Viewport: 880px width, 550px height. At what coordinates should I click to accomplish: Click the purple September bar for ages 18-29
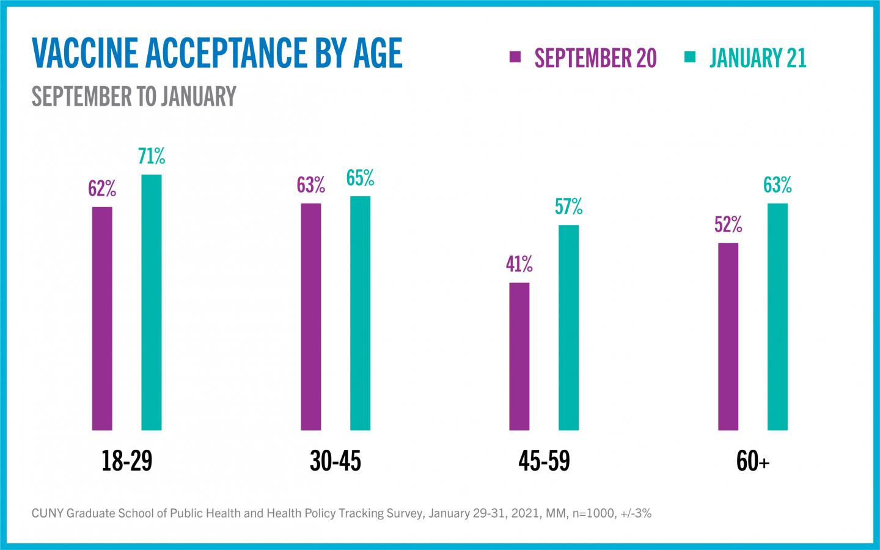102,318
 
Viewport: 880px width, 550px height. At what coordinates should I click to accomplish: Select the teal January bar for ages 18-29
152,302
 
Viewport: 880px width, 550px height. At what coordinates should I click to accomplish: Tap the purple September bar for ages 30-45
311,317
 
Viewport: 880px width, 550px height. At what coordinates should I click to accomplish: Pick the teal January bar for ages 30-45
360,313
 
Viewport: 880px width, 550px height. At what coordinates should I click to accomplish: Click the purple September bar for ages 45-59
519,356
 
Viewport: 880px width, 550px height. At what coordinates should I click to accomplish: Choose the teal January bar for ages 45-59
569,328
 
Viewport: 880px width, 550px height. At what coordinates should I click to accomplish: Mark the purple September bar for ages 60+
728,337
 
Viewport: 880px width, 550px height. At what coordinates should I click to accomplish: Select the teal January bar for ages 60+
777,317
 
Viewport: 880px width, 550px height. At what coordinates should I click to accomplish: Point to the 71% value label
152,156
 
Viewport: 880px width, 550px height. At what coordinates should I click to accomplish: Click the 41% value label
519,264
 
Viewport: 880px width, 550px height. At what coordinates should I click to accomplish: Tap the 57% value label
569,207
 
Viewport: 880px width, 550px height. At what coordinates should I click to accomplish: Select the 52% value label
728,225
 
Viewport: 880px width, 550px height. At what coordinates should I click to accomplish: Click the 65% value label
360,178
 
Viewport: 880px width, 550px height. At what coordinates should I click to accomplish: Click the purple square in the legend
515,57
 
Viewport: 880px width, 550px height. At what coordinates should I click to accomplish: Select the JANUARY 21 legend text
758,58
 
